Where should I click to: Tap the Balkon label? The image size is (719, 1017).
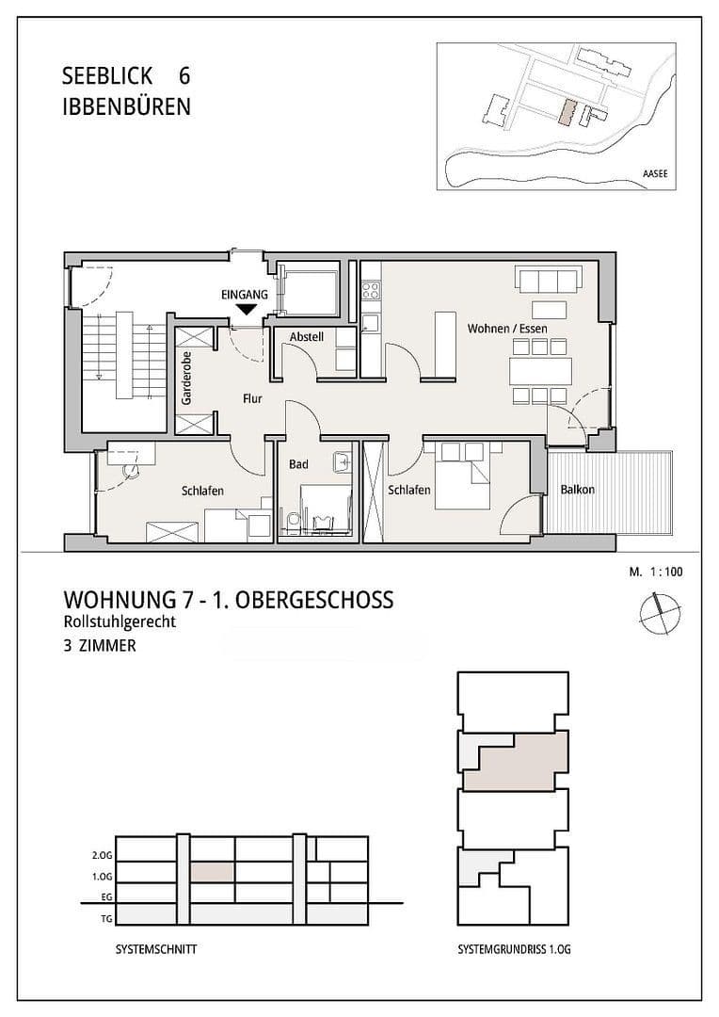[577, 490]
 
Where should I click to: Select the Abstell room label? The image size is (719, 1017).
[306, 337]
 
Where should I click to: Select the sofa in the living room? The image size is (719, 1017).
[546, 281]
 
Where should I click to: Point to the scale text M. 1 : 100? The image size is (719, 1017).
[655, 572]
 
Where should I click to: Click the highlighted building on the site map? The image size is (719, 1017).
[565, 113]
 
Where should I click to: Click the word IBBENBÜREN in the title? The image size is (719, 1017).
[125, 106]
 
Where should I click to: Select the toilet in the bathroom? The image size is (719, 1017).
[293, 519]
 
